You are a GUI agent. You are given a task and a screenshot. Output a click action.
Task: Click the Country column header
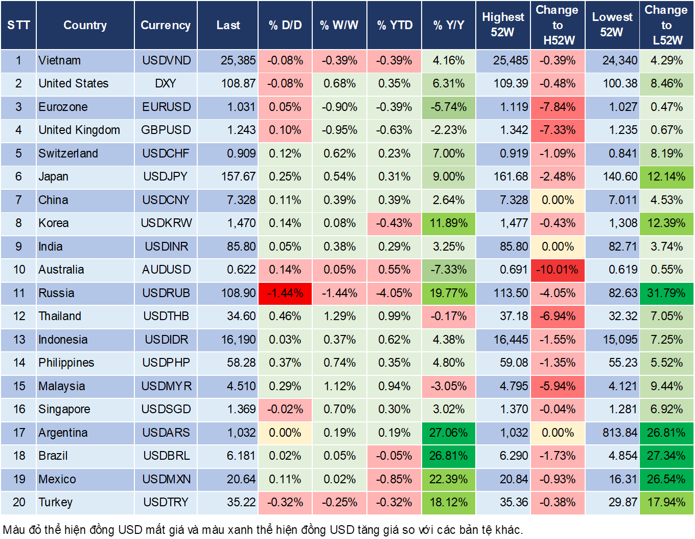85,25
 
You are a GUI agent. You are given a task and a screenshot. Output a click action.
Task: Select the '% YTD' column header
395,25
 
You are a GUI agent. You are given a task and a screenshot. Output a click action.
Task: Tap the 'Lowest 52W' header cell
612,25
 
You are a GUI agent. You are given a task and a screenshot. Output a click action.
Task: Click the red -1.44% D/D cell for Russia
285,293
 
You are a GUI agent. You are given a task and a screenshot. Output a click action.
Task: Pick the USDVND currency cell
166,60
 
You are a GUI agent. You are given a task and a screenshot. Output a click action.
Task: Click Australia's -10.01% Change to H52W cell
558,269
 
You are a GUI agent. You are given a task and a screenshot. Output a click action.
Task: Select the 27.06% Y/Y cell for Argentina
448,433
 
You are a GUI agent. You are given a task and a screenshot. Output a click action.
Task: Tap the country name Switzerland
68,153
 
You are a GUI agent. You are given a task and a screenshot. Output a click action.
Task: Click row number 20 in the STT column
19,502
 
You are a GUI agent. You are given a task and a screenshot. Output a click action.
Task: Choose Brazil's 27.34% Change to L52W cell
666,456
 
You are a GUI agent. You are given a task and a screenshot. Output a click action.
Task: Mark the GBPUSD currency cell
166,130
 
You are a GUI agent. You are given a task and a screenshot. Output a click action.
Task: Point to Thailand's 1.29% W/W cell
339,316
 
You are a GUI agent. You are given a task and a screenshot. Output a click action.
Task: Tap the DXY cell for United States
166,83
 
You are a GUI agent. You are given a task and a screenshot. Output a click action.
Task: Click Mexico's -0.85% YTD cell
394,479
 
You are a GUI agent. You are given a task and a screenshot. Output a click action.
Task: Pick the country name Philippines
66,363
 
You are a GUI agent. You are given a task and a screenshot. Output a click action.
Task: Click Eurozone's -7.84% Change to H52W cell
558,107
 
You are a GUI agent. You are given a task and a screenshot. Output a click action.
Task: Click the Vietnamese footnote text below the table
263,529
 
